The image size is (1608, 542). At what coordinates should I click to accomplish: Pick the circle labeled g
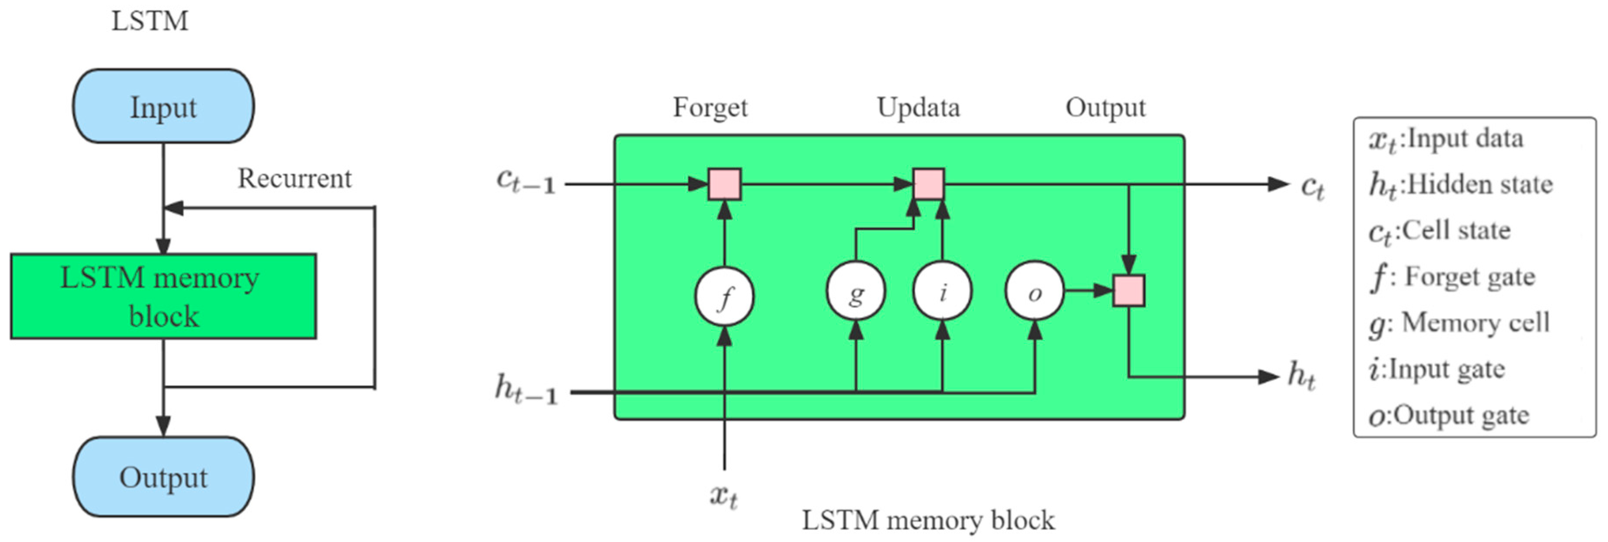click(x=856, y=292)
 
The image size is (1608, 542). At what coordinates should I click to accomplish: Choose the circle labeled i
click(x=942, y=292)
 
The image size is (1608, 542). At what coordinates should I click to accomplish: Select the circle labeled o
click(x=1034, y=292)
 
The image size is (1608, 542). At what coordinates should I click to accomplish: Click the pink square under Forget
click(x=724, y=184)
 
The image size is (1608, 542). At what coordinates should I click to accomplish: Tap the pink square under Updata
click(x=929, y=184)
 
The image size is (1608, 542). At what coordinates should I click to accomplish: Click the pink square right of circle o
click(x=1128, y=291)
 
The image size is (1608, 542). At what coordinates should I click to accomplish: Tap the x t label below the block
click(x=724, y=496)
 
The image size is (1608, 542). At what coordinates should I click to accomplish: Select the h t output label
click(x=1301, y=376)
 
